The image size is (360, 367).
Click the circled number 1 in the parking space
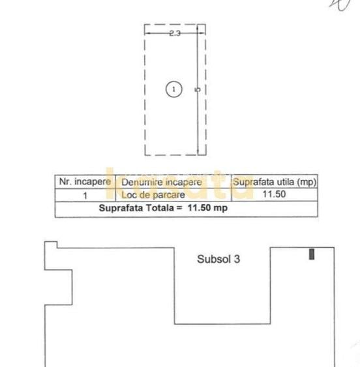click(x=173, y=89)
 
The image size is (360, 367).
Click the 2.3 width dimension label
click(x=173, y=33)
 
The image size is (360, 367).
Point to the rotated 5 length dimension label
click(x=197, y=90)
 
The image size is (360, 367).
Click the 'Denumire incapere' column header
click(x=162, y=182)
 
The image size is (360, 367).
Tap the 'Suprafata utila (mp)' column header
click(x=275, y=182)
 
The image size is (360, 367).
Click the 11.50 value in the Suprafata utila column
click(x=275, y=194)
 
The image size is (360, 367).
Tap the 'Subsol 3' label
click(x=218, y=259)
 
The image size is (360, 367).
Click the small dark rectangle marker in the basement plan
click(x=312, y=254)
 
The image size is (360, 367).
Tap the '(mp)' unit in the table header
click(x=305, y=182)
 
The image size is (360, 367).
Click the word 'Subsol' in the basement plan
click(x=213, y=259)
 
